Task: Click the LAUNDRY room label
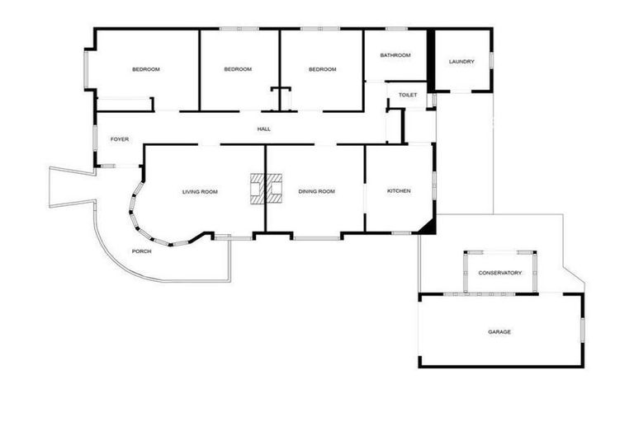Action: tap(461, 62)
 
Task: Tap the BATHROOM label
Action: tap(395, 55)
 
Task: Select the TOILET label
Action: tap(408, 96)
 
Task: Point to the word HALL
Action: tap(264, 129)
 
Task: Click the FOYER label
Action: tap(120, 139)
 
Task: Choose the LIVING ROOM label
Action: tap(200, 192)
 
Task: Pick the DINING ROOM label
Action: tap(317, 192)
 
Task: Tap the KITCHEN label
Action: tap(399, 191)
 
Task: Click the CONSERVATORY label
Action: tap(500, 273)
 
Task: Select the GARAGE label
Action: tap(499, 332)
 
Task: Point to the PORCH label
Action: tap(141, 251)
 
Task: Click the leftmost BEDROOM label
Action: tap(146, 69)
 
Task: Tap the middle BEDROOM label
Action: tap(238, 69)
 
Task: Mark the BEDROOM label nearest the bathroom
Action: tap(323, 69)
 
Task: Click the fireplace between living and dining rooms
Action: tap(266, 188)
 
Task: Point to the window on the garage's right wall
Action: tap(583, 328)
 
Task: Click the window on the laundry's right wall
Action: tap(492, 60)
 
